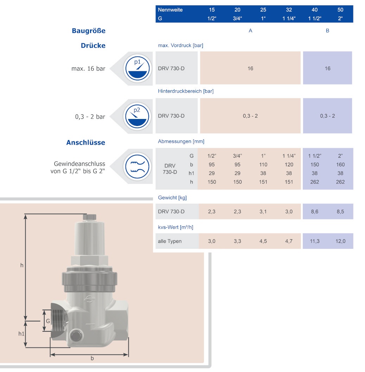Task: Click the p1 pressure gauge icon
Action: [137, 68]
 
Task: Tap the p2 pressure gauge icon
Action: [137, 116]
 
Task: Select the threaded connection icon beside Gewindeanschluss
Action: [137, 166]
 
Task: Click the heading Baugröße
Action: [89, 31]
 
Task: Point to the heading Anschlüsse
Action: [85, 142]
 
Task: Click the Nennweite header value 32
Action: [289, 10]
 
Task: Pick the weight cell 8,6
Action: [314, 211]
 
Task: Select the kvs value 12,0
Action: [340, 241]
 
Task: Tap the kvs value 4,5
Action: [263, 241]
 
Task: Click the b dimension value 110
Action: [263, 164]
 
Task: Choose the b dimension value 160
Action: [340, 164]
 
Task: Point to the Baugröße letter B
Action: [327, 31]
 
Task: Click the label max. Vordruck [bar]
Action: [180, 45]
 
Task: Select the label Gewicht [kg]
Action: [172, 197]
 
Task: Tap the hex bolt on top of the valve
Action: [90, 217]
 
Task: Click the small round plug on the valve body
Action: [76, 336]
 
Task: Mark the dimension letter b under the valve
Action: [92, 358]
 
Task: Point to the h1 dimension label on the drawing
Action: [21, 333]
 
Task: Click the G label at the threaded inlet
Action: [48, 321]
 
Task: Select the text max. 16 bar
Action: [88, 68]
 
